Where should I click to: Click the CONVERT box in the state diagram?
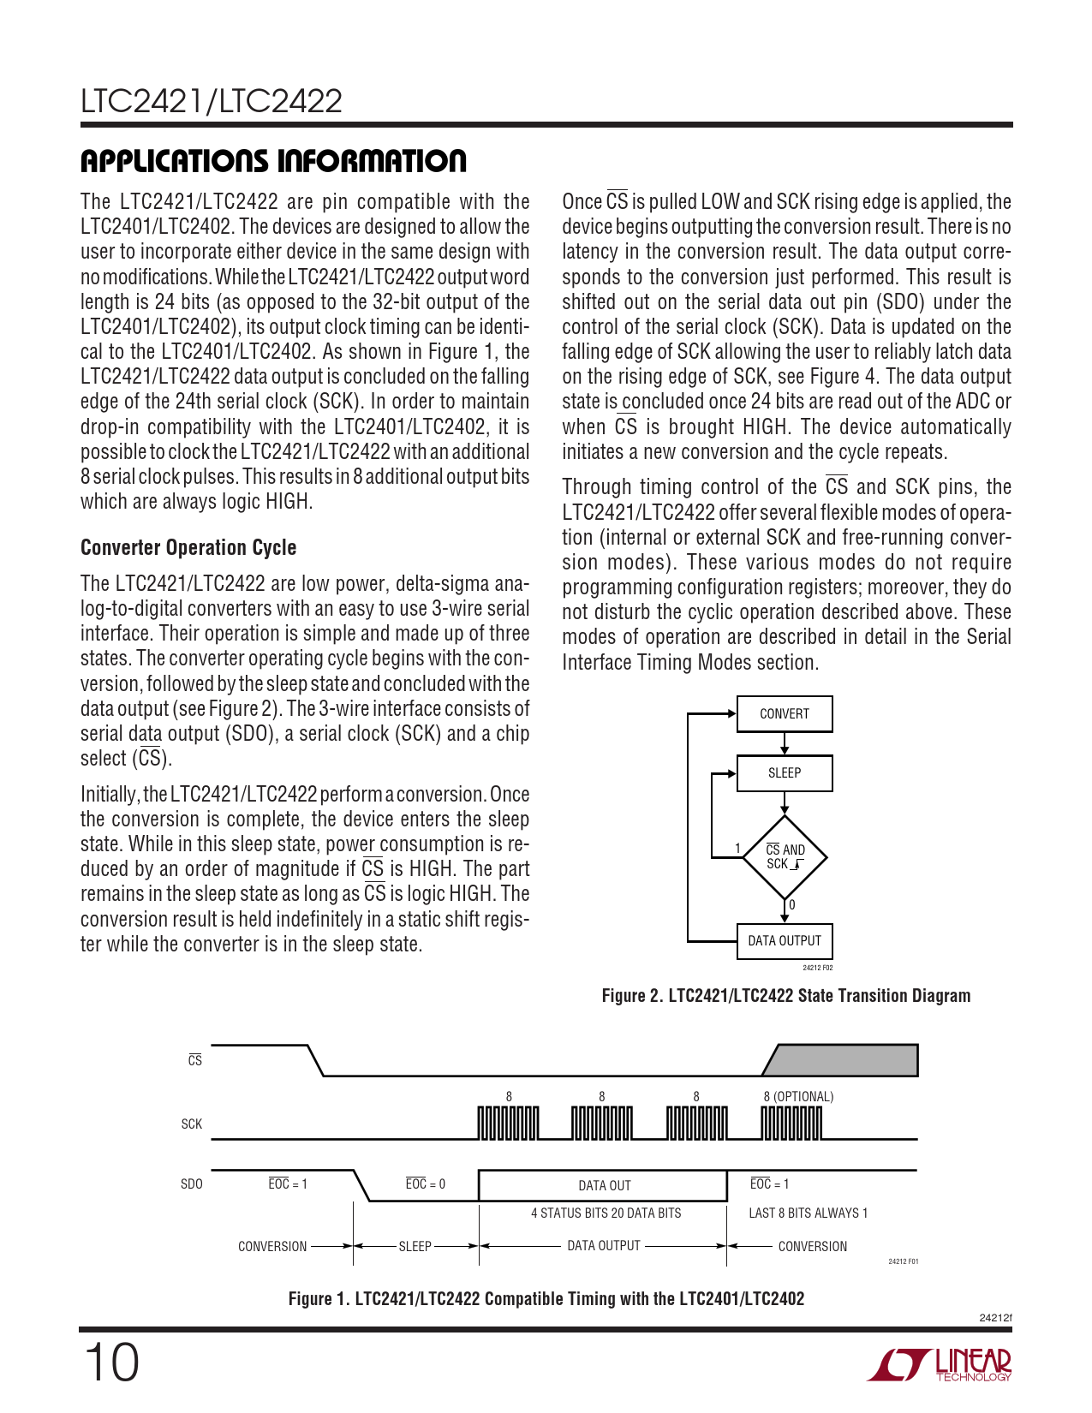click(784, 714)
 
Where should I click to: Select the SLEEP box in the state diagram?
click(784, 773)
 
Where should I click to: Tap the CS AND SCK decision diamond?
click(785, 857)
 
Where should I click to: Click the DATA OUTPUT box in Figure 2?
click(784, 941)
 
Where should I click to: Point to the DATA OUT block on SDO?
click(603, 1185)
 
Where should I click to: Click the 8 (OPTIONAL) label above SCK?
click(797, 1097)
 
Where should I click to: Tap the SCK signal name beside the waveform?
click(192, 1124)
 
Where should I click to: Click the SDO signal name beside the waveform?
click(192, 1184)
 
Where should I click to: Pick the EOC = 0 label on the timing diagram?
click(425, 1184)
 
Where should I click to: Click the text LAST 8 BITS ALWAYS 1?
click(808, 1213)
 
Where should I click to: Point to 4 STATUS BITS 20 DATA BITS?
click(606, 1213)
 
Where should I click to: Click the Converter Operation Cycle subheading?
click(188, 548)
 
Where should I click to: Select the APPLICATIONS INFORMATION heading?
click(273, 161)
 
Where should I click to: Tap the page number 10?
click(110, 1362)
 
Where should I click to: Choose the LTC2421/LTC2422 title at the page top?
click(212, 102)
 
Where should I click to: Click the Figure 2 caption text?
click(785, 996)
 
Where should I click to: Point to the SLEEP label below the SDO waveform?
click(415, 1247)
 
